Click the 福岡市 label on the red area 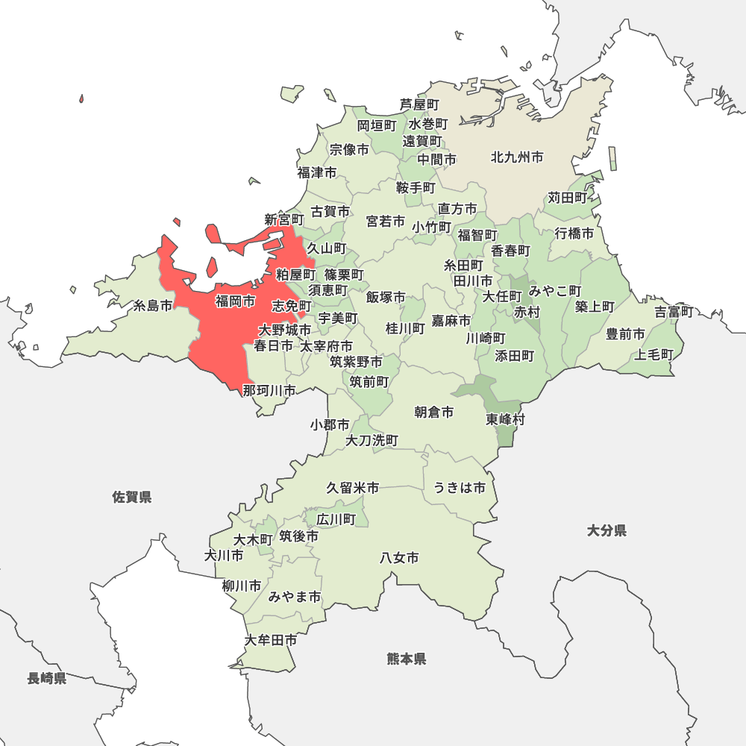click(x=235, y=301)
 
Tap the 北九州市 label click(x=516, y=157)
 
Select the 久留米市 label click(x=352, y=488)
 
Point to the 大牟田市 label click(x=271, y=640)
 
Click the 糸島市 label click(x=153, y=305)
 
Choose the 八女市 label click(x=399, y=557)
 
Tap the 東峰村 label click(x=505, y=419)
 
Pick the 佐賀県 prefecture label click(x=132, y=497)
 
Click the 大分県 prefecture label click(x=606, y=530)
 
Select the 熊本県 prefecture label click(x=407, y=659)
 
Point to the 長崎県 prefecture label click(x=47, y=678)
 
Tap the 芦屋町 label click(x=419, y=104)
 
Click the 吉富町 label click(x=674, y=312)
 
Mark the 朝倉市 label click(x=434, y=412)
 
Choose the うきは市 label click(x=460, y=488)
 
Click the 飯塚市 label click(x=386, y=297)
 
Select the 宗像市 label click(x=349, y=149)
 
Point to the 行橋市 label click(x=574, y=233)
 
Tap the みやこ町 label click(x=555, y=290)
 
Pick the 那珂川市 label click(x=269, y=390)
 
